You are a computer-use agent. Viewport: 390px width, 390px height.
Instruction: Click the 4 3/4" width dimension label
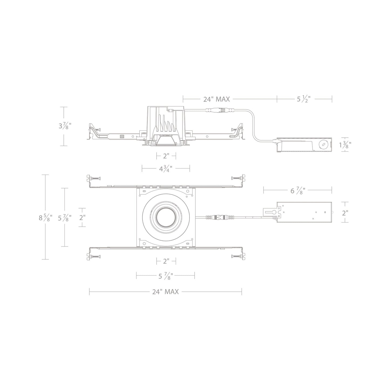tap(166, 169)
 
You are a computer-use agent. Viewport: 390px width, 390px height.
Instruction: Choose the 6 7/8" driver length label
tap(298, 191)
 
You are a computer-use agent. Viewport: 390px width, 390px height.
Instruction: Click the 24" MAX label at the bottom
tap(165, 291)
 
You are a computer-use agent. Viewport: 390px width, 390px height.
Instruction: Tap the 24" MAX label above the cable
tap(216, 99)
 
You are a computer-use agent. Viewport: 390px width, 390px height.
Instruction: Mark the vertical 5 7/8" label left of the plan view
tap(65, 218)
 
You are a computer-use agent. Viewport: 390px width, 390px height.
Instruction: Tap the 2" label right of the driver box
tap(345, 213)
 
